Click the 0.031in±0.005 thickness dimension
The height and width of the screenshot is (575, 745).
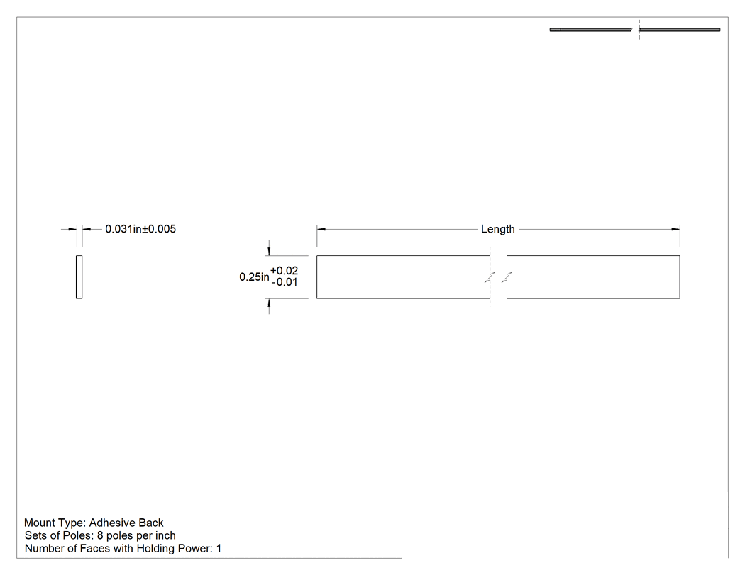140,229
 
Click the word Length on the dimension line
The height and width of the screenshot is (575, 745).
497,229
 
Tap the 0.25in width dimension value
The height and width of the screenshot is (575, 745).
254,277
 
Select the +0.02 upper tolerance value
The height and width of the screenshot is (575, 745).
284,271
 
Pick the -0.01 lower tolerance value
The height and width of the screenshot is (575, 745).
285,282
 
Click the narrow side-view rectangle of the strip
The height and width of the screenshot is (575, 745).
79,277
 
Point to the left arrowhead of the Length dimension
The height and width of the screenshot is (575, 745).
321,229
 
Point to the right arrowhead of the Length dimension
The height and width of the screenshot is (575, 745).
675,229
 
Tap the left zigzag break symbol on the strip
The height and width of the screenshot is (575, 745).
490,277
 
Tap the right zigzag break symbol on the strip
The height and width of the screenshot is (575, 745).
507,277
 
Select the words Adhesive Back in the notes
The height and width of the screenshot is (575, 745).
126,523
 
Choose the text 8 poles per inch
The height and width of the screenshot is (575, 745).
136,535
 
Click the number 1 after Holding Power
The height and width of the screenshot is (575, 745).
219,548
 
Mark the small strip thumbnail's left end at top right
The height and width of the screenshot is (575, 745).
551,30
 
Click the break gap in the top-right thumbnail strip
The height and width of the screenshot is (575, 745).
635,30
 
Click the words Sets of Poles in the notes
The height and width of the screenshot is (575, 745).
59,535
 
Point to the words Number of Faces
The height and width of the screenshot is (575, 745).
67,548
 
